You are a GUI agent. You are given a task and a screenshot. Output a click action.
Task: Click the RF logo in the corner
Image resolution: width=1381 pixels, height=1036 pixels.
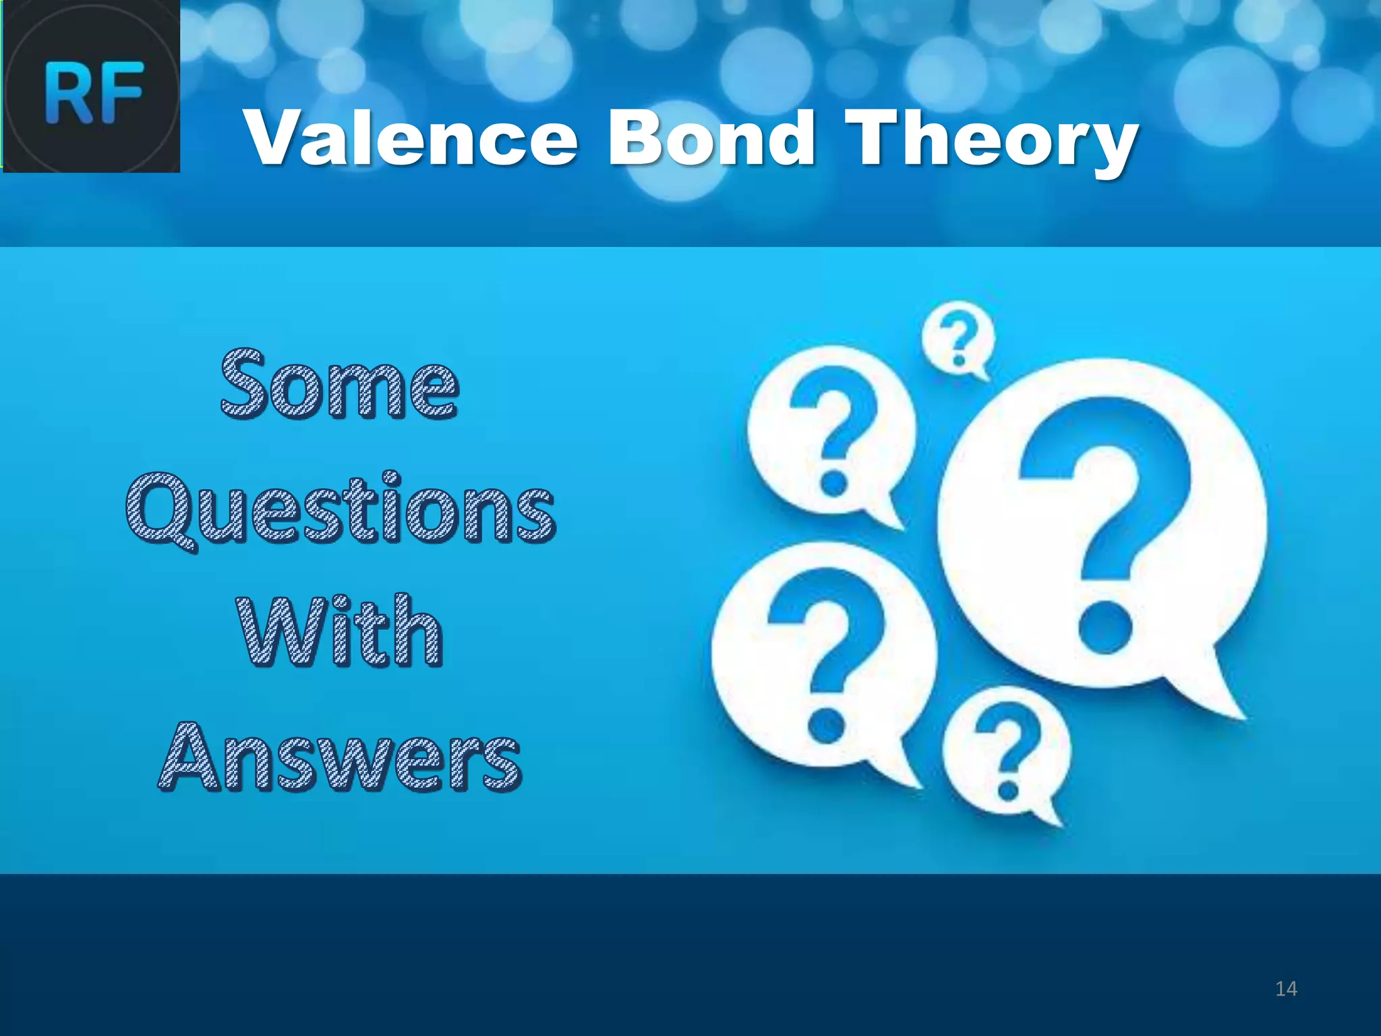tap(92, 86)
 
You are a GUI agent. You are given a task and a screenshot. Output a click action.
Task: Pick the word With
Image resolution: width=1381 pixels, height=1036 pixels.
tap(341, 632)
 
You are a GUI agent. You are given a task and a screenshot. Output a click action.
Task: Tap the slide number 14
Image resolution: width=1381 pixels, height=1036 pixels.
tap(1286, 989)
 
